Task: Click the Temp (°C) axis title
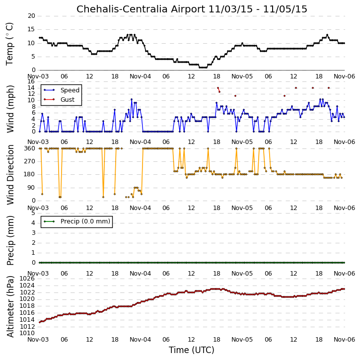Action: [x=9, y=44]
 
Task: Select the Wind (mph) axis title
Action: [x=10, y=109]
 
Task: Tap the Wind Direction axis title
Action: [x=10, y=175]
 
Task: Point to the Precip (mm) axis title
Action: [x=10, y=240]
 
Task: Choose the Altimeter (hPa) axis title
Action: [x=10, y=307]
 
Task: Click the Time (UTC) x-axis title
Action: [x=192, y=350]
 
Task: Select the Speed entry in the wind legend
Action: [x=70, y=90]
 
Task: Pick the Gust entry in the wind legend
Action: [x=68, y=100]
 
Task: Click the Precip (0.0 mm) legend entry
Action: [x=85, y=221]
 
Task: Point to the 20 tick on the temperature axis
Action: [x=31, y=16]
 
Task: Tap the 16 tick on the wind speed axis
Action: [x=31, y=81]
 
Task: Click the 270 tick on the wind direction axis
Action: [x=30, y=161]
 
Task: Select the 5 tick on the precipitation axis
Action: [x=33, y=213]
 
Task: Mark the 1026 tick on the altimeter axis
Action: [x=27, y=279]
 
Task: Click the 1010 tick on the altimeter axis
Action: [x=27, y=333]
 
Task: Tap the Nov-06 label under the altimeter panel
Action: [x=344, y=339]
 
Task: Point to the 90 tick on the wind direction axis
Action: [x=31, y=188]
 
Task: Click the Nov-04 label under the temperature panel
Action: [x=141, y=76]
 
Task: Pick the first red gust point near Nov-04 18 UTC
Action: [x=218, y=88]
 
